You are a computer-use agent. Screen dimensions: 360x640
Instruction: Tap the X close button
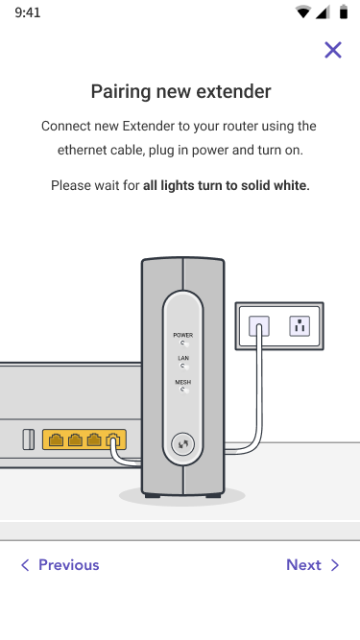[333, 50]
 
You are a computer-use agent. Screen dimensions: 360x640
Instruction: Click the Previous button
[60, 565]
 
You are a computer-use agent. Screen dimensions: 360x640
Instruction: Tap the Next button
[313, 565]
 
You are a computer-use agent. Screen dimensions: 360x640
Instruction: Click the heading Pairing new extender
[180, 91]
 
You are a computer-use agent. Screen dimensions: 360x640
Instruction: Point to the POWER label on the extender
[182, 335]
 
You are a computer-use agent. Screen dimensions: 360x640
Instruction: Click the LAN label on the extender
[183, 358]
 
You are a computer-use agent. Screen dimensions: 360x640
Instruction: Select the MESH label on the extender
[182, 383]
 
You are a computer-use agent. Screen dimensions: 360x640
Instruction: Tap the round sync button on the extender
[182, 443]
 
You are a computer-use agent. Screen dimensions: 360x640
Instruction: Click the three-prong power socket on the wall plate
[300, 326]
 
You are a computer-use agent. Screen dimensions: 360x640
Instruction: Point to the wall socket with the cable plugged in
[259, 326]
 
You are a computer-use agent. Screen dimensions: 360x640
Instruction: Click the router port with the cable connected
[113, 440]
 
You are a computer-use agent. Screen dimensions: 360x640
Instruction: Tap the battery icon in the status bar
[344, 12]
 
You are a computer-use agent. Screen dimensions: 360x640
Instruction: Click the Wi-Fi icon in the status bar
[302, 12]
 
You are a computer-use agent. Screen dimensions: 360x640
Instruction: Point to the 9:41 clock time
[28, 12]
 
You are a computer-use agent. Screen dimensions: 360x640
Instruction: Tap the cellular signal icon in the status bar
[323, 12]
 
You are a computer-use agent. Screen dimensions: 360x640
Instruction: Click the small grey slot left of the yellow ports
[28, 439]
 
